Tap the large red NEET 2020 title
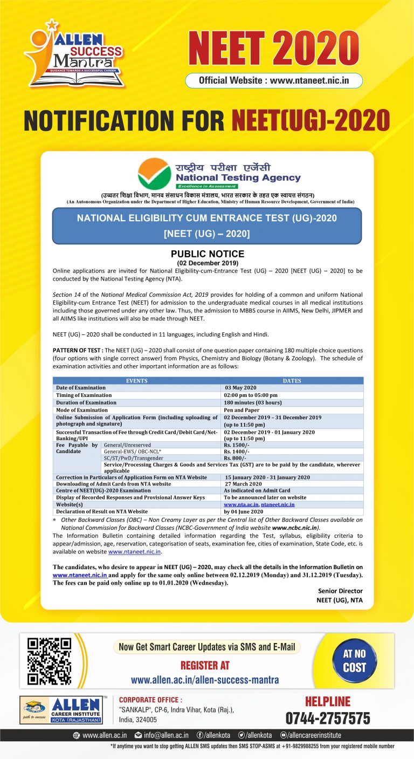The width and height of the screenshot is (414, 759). point(273,48)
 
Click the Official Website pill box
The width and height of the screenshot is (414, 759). point(274,80)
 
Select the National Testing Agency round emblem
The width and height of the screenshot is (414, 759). point(154,173)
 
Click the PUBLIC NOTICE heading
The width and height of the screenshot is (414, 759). point(207,254)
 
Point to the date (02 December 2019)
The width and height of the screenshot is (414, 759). point(207,263)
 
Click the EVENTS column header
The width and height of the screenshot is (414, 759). point(136,380)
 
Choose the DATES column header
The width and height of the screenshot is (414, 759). point(292,380)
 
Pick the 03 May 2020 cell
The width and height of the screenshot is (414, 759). point(241,387)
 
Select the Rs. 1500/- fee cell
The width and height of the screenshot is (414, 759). point(236,445)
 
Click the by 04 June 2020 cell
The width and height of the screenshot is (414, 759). point(244,511)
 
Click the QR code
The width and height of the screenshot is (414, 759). point(50,660)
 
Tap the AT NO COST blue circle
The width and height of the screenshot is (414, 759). point(354,660)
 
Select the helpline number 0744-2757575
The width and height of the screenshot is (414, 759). point(328,718)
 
